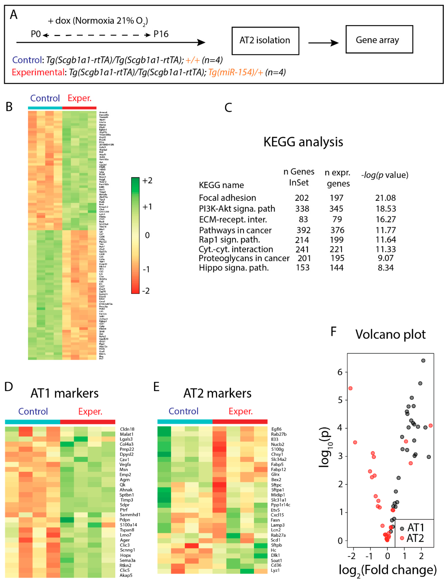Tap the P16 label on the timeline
161,34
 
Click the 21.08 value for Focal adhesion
385,198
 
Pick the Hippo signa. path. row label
234,268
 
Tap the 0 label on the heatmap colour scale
147,235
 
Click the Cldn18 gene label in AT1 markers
127,429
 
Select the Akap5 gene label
126,575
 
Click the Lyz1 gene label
275,570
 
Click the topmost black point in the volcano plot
423,361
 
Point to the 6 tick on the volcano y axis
340,372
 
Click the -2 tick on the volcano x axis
352,556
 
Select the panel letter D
9,386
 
